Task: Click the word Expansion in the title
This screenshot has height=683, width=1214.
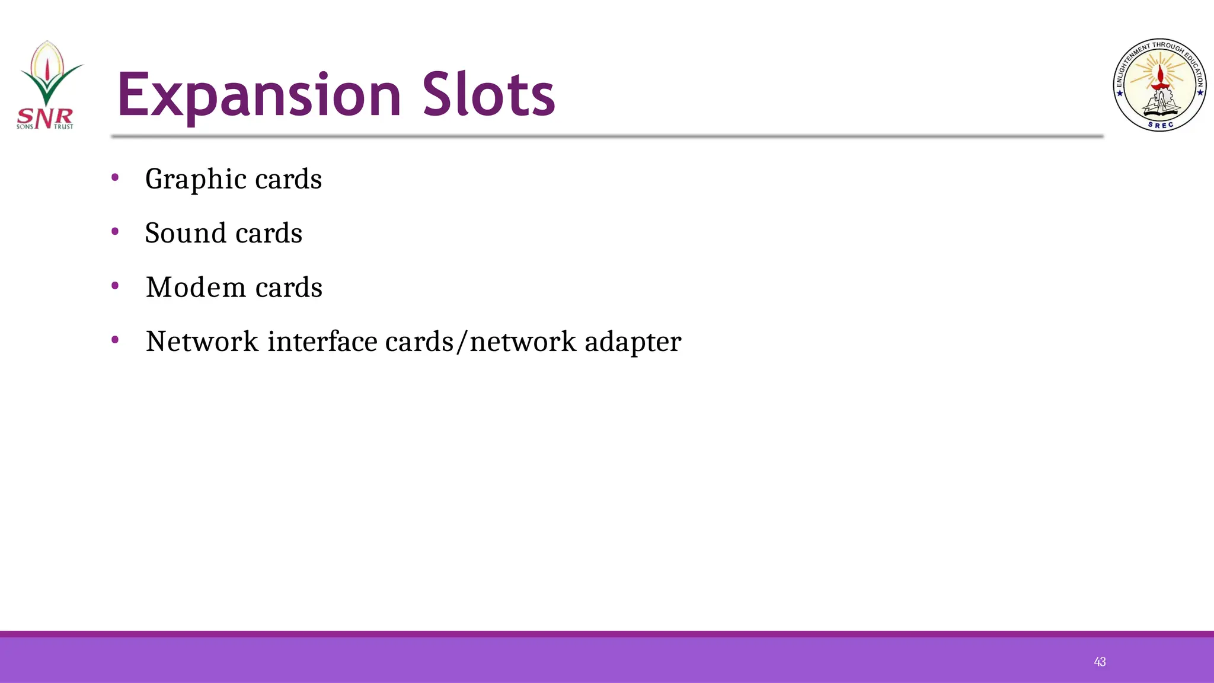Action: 259,95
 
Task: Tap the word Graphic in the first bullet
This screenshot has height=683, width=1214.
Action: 196,179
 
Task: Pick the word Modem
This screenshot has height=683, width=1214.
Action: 196,288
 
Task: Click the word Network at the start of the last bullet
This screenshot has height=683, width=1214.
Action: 202,341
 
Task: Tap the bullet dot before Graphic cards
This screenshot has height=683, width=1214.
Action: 115,177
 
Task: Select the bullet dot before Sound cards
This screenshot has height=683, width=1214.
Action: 115,231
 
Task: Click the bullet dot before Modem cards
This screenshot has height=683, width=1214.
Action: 115,286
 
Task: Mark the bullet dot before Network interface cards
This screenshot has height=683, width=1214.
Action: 115,340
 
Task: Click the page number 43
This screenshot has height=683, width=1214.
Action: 1100,662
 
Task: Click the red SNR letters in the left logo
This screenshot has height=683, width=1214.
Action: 45,117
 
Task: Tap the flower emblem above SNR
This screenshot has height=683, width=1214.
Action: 48,71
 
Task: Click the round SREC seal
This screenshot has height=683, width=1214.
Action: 1159,85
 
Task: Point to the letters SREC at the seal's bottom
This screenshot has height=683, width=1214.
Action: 1160,125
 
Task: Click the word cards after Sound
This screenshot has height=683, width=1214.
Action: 269,233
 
